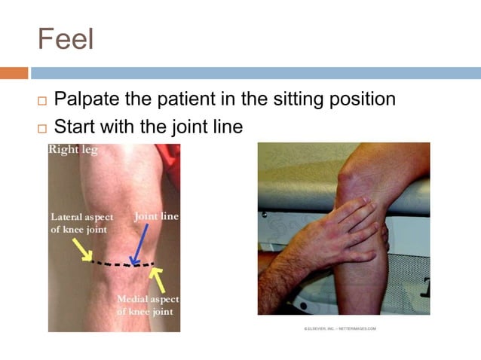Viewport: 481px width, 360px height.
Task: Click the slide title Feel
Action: coord(66,39)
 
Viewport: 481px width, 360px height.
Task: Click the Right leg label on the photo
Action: coord(73,150)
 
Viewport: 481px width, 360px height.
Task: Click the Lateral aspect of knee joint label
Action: coord(81,223)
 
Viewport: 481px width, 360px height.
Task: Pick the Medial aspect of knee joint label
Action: coord(148,305)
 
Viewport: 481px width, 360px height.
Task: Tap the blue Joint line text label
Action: coord(156,216)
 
